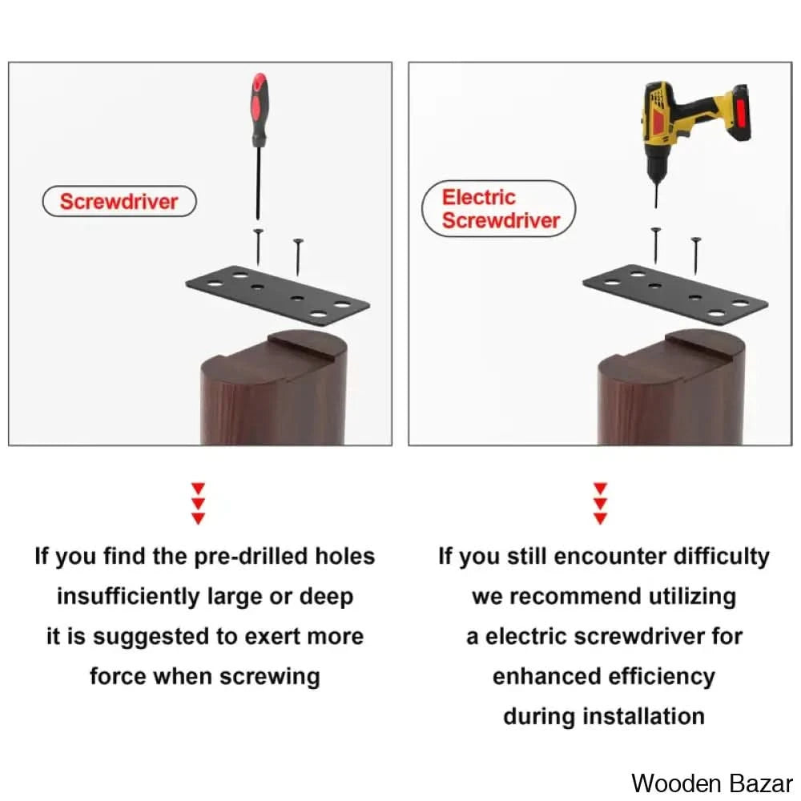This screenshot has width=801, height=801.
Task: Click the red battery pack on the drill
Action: pyautogui.click(x=739, y=115)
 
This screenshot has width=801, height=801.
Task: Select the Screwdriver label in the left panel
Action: pyautogui.click(x=119, y=201)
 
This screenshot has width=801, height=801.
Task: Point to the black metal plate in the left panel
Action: pyautogui.click(x=277, y=296)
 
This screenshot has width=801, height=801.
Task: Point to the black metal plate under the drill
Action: pyautogui.click(x=675, y=295)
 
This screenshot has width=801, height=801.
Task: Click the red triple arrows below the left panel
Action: pyautogui.click(x=198, y=503)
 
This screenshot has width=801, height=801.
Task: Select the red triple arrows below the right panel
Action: pyautogui.click(x=601, y=503)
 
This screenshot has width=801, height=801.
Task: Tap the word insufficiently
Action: pyautogui.click(x=128, y=597)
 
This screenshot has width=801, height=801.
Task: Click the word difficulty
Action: pyautogui.click(x=722, y=557)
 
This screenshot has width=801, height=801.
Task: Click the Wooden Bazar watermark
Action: pyautogui.click(x=711, y=783)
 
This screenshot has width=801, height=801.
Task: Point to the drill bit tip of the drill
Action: pyautogui.click(x=656, y=207)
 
